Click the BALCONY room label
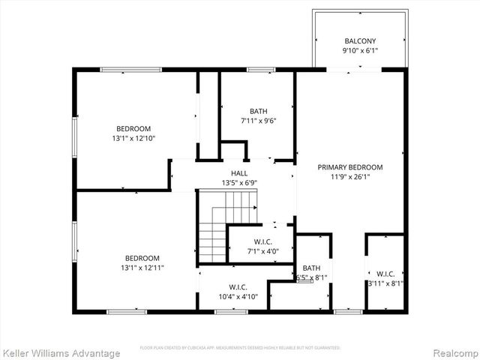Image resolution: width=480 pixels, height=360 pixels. [360, 41]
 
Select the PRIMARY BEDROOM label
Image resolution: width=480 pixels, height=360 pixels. [350, 167]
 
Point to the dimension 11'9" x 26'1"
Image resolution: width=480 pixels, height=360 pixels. [350, 178]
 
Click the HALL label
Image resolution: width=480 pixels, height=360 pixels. [239, 173]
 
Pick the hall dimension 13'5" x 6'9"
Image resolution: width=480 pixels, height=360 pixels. [239, 183]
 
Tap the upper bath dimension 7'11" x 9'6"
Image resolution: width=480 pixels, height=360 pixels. [258, 121]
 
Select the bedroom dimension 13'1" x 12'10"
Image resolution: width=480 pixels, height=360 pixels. [133, 138]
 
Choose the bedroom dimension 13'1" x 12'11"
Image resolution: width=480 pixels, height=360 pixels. [142, 268]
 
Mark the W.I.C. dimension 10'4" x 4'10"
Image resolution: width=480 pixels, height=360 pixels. [238, 297]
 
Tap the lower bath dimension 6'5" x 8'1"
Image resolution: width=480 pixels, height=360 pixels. [311, 278]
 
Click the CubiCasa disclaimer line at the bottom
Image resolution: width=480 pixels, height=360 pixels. [240, 348]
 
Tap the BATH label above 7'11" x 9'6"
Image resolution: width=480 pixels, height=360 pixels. [258, 111]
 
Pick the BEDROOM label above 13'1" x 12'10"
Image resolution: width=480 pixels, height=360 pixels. [133, 128]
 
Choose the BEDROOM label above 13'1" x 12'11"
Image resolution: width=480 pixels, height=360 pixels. [142, 258]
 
